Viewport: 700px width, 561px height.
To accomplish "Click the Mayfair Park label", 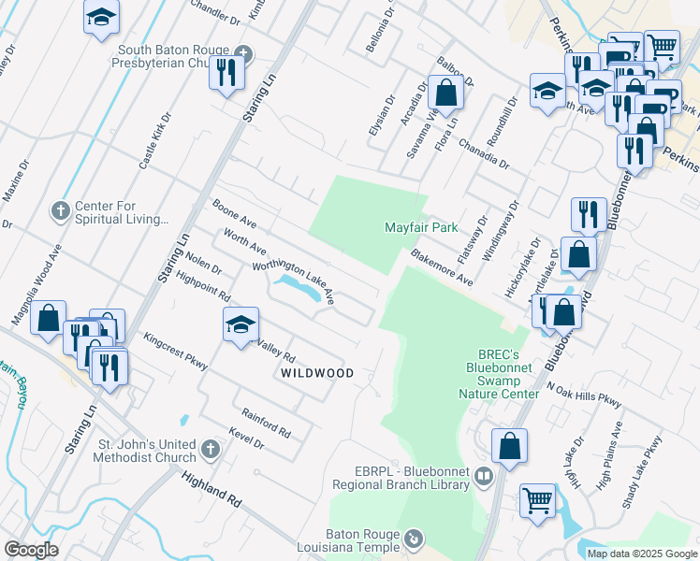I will pyautogui.click(x=421, y=227).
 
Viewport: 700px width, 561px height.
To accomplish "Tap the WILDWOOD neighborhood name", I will pyautogui.click(x=318, y=373).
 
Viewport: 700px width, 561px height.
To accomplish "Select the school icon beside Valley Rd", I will pyautogui.click(x=241, y=325).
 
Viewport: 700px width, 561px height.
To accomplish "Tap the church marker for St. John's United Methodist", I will pyautogui.click(x=211, y=449).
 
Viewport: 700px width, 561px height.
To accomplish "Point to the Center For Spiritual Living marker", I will pyautogui.click(x=60, y=208).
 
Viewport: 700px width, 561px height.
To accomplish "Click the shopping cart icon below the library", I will pyautogui.click(x=537, y=500).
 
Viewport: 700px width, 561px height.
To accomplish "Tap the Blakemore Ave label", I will pyautogui.click(x=441, y=267).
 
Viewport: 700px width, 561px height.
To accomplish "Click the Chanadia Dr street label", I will pyautogui.click(x=483, y=154).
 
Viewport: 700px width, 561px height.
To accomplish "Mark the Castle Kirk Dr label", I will pyautogui.click(x=155, y=141).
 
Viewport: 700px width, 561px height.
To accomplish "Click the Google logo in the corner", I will pyautogui.click(x=31, y=550).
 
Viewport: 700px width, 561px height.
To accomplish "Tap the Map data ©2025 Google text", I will pyautogui.click(x=641, y=554).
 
